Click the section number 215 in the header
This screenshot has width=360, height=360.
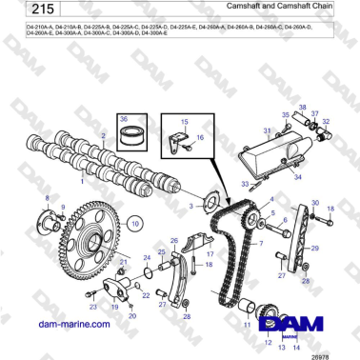point(36,15)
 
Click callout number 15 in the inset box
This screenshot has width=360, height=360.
point(186,121)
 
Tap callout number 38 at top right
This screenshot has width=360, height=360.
point(303,107)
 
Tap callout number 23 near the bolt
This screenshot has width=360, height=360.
point(92,308)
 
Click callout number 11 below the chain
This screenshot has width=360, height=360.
point(242,324)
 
